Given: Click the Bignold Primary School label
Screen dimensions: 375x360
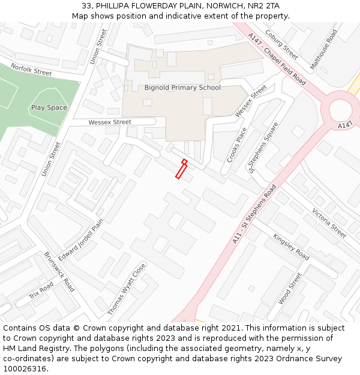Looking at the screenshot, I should [182, 88].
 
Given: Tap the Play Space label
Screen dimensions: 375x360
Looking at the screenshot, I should [49, 107].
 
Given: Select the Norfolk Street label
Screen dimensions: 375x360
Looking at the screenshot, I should [31, 71].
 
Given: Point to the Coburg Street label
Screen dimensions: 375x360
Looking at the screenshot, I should [281, 45].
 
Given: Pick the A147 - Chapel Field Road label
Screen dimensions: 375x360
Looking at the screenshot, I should [277, 59].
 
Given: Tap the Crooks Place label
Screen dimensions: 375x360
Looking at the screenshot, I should [237, 145].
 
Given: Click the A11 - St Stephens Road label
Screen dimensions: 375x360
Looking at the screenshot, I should [254, 215].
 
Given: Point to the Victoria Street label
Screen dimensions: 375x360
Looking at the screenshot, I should [329, 223].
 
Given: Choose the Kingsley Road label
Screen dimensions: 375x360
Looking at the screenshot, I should [291, 247].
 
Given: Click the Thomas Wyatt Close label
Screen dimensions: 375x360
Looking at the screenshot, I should [127, 289].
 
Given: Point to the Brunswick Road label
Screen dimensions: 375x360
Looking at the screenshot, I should [59, 271].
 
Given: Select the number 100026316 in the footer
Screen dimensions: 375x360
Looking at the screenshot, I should [25, 368].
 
